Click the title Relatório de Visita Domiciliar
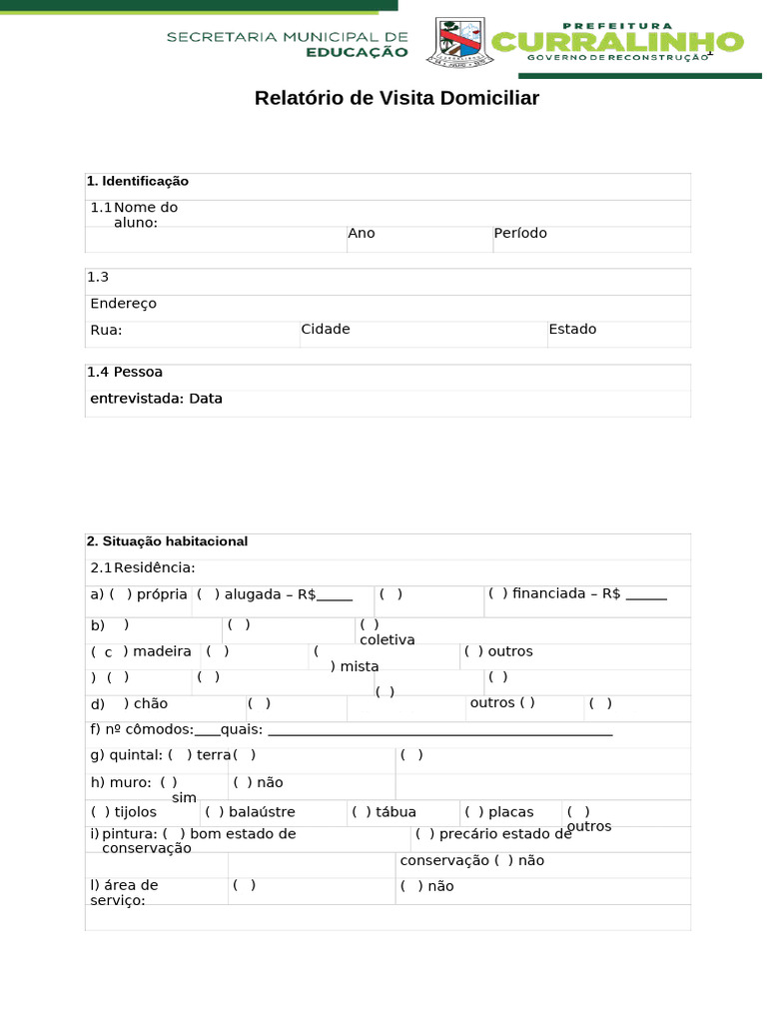pos(396,98)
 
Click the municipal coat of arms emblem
pos(460,43)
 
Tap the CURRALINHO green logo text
pos(618,41)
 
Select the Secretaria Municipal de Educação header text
pos(287,44)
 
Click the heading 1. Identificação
pos(137,181)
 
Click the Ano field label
pos(361,233)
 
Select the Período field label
pos(519,233)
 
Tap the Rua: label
pos(106,330)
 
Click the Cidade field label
pos(326,329)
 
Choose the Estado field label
pos(572,329)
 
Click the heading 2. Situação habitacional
pos(167,541)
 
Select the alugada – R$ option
pos(275,593)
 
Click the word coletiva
pos(386,639)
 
